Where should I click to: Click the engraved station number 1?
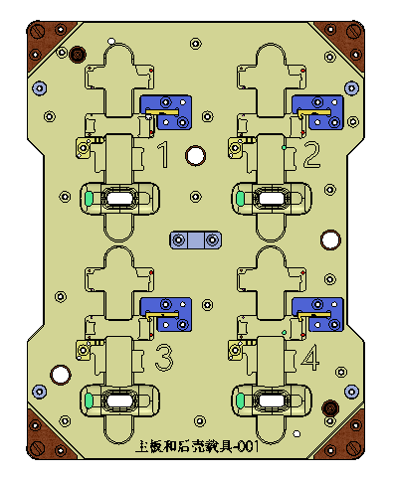click(163, 154)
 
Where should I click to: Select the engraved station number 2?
click(312, 154)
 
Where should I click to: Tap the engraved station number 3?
click(164, 358)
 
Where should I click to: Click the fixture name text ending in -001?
click(197, 446)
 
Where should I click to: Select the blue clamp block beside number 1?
click(166, 112)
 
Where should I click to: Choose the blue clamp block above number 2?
click(317, 112)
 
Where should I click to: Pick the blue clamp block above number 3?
click(166, 314)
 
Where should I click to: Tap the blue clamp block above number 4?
click(317, 314)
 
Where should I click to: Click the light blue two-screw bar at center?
click(196, 239)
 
